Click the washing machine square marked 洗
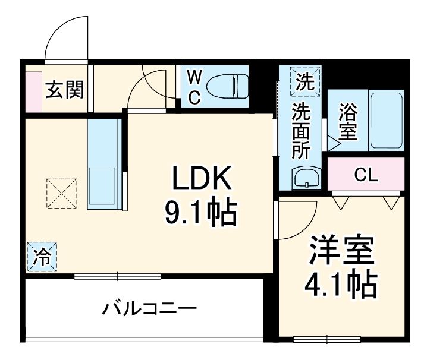[x=305, y=80]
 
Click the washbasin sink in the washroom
[x=306, y=178]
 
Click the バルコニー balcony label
[x=149, y=309]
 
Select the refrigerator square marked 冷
[x=42, y=257]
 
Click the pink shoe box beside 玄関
[x=33, y=91]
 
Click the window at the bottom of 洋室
[x=328, y=340]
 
